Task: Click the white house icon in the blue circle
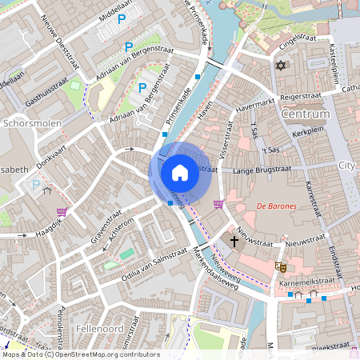pyautogui.click(x=180, y=172)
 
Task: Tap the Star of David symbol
pyautogui.click(x=280, y=66)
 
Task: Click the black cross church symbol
pyautogui.click(x=234, y=240)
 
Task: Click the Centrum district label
pyautogui.click(x=306, y=114)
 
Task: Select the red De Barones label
pyautogui.click(x=276, y=206)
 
